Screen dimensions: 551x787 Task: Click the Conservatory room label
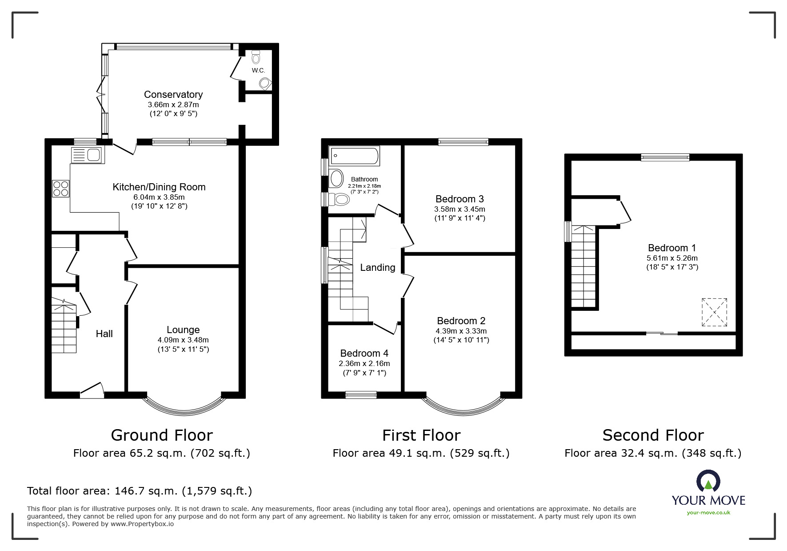coord(173,94)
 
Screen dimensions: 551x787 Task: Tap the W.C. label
coord(258,70)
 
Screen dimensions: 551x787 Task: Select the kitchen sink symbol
coord(87,155)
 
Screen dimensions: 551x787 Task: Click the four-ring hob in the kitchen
coord(61,188)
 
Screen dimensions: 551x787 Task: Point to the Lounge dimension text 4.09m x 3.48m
coord(183,340)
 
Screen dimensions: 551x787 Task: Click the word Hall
coord(104,334)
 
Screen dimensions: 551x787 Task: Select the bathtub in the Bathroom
coord(354,156)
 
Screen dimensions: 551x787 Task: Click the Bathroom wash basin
coord(336,179)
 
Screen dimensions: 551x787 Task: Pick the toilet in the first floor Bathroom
coord(340,199)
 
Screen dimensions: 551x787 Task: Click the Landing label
coord(377,267)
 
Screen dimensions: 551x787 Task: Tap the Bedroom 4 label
coord(364,353)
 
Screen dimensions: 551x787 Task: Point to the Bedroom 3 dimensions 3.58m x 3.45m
coord(459,209)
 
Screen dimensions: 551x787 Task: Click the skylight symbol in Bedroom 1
coord(715,312)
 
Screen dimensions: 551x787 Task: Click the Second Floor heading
coord(653,435)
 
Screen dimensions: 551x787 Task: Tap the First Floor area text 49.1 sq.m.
coord(421,453)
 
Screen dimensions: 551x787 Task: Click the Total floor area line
coord(140,491)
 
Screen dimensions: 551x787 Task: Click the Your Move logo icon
coord(708,482)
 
